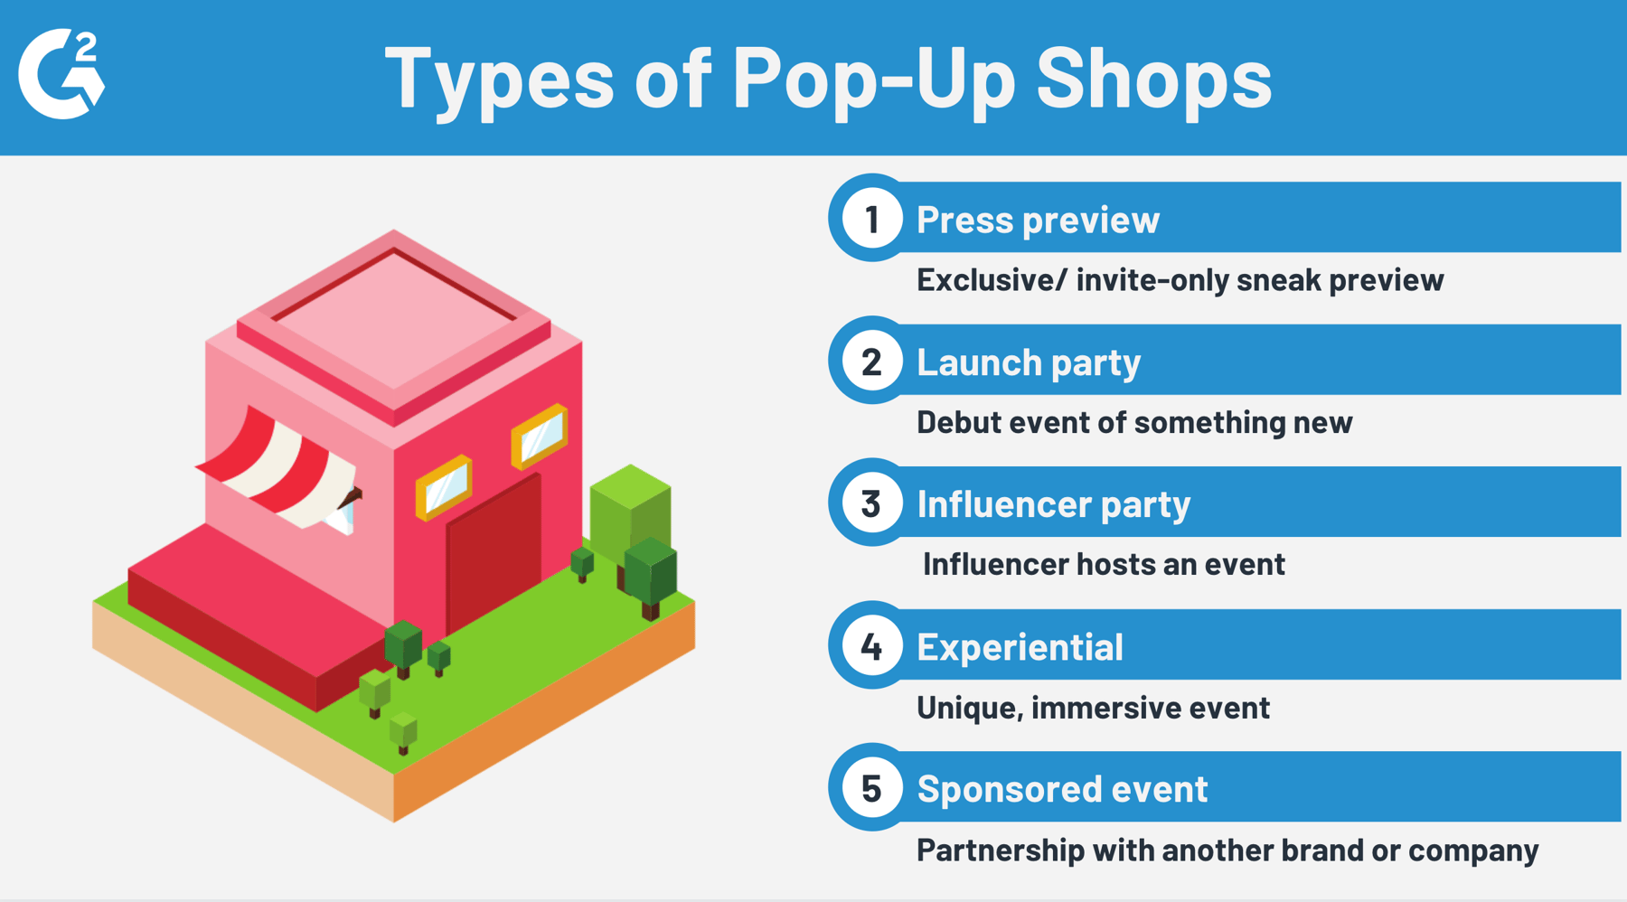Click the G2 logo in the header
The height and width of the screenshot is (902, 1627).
(x=61, y=74)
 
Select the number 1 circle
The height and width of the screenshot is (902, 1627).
(x=871, y=219)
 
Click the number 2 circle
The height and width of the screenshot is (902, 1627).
(x=871, y=362)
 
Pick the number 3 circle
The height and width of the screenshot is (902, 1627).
(x=871, y=503)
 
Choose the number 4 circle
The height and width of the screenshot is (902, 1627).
(x=871, y=646)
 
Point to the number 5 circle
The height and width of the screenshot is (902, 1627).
(x=871, y=788)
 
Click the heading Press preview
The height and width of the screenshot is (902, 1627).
(x=1038, y=220)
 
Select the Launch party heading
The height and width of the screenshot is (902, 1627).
(x=1029, y=362)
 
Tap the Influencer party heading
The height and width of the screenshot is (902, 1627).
(x=1053, y=504)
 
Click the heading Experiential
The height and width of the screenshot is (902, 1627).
(x=1020, y=647)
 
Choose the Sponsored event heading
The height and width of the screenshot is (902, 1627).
(x=1062, y=789)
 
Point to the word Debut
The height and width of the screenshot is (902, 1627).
(x=957, y=422)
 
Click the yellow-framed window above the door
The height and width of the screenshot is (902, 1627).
(x=443, y=488)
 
